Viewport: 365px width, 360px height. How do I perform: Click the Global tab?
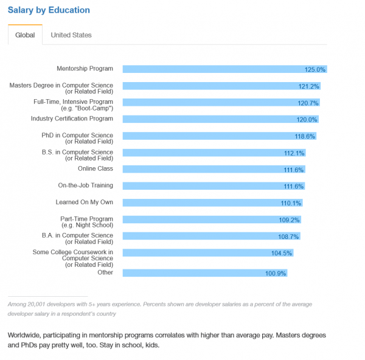point(25,35)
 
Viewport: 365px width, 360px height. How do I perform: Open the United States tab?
point(71,35)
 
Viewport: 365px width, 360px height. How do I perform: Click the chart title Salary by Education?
point(49,10)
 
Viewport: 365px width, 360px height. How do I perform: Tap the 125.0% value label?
point(316,70)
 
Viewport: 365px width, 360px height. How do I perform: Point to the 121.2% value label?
point(309,86)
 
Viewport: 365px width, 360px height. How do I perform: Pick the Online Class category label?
point(96,168)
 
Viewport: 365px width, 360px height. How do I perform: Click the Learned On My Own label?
point(85,202)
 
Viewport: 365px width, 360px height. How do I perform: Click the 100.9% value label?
point(276,274)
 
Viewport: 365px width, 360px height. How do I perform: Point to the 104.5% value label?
point(282,252)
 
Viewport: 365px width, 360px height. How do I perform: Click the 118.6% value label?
point(305,136)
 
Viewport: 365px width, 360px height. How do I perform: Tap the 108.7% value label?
point(290,236)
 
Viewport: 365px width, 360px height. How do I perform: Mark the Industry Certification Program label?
point(72,119)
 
